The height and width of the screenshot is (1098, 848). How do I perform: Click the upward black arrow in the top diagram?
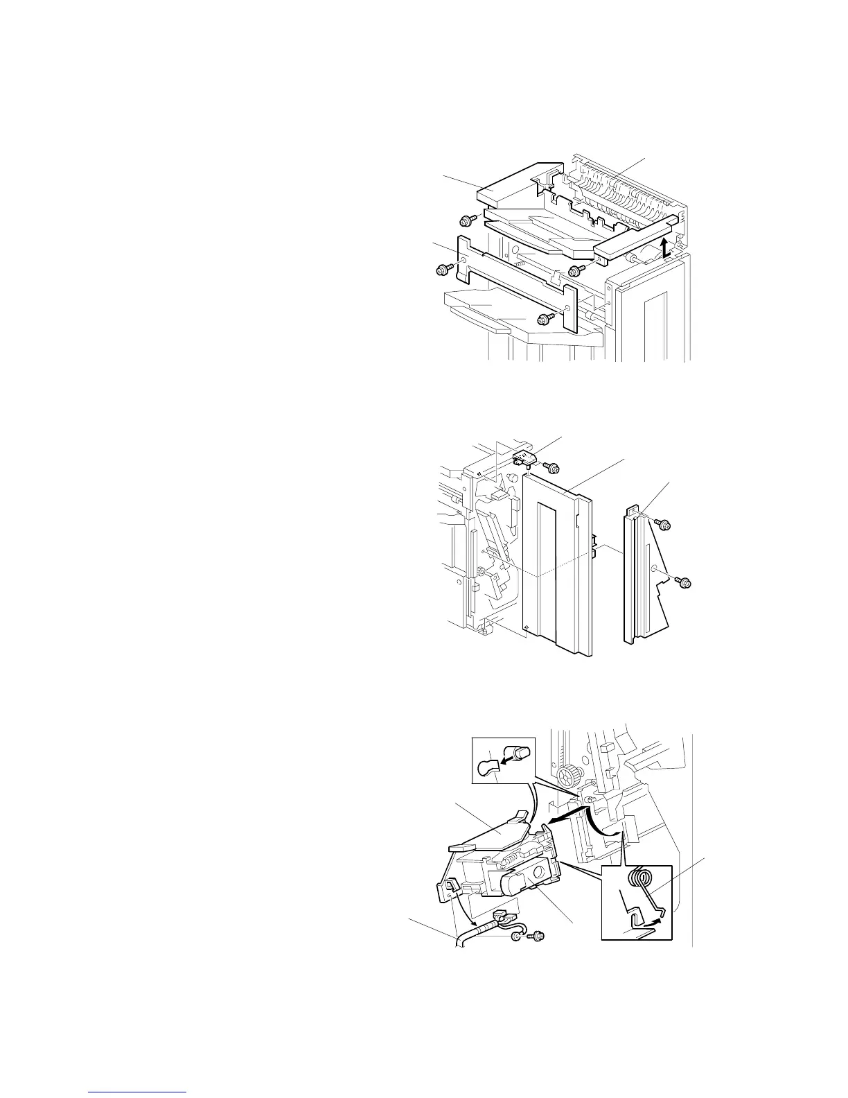664,247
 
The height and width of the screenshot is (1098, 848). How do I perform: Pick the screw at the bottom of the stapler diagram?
536,936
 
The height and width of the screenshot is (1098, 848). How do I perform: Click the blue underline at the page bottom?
139,1092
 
